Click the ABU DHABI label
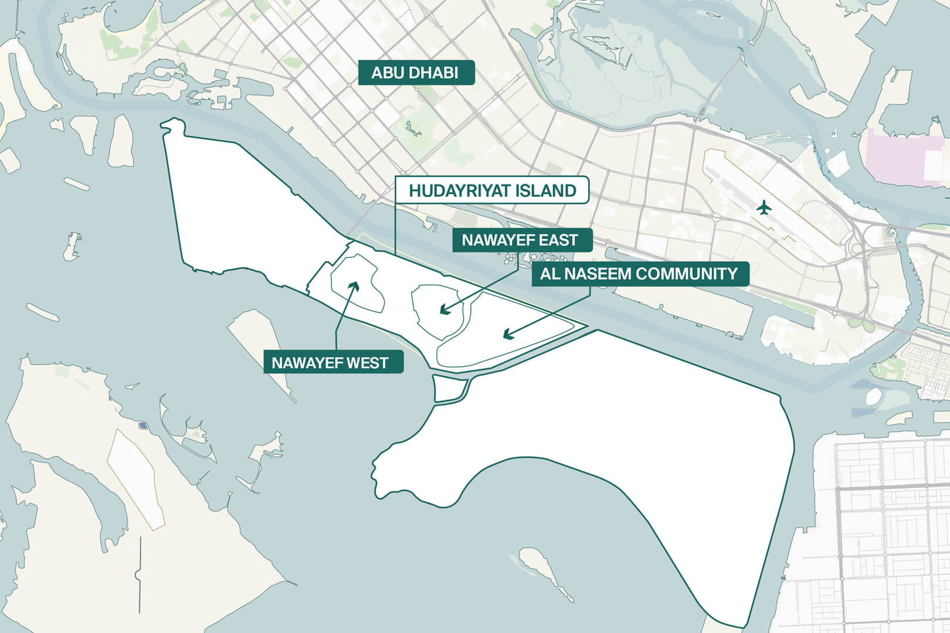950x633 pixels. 416,73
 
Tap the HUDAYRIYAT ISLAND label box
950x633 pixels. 492,190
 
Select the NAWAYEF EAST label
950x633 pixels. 520,240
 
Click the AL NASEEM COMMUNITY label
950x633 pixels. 639,274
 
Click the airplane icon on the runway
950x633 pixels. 763,207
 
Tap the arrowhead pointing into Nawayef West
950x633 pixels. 353,285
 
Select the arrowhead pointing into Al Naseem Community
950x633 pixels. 508,335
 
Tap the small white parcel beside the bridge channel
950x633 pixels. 449,388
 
